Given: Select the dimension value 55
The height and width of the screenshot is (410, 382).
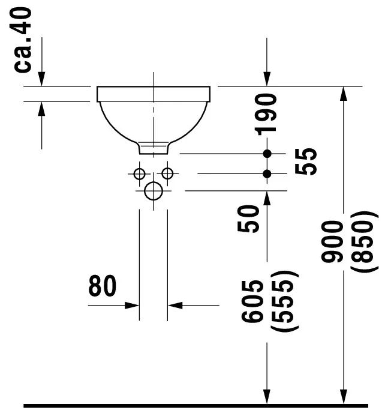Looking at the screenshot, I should click(x=308, y=161).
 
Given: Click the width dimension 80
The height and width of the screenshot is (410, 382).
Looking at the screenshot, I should click(x=103, y=287).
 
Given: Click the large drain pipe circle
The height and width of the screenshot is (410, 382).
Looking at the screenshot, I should click(x=154, y=191).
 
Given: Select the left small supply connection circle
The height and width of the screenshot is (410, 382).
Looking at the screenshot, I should click(x=139, y=173).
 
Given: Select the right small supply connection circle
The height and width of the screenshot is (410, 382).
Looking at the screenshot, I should click(x=168, y=173).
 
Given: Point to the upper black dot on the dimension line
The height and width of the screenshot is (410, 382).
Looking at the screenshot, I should click(x=267, y=154).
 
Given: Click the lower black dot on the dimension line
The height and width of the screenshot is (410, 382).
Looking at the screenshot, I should click(x=267, y=173).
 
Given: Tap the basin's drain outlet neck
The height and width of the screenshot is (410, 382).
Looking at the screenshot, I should click(x=154, y=148).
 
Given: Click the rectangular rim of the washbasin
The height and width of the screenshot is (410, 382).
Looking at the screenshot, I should click(x=154, y=93).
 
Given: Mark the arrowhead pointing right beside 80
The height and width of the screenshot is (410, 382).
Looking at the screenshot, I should click(x=133, y=305).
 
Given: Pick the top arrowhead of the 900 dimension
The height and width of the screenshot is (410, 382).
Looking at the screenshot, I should click(x=344, y=94).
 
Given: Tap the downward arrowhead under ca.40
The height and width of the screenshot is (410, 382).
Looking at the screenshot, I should click(x=41, y=79).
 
